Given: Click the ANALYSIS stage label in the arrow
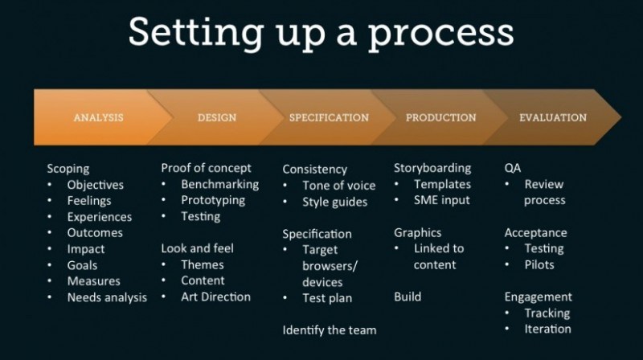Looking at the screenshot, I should (x=98, y=117).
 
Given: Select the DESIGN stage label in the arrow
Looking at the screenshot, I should (x=217, y=117).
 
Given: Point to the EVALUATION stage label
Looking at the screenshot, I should (x=553, y=117).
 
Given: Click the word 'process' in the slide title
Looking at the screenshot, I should (x=443, y=34).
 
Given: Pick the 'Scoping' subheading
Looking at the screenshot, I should (x=68, y=169).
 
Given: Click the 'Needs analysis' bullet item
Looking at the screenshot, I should (x=107, y=297).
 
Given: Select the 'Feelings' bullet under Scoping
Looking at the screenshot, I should (x=89, y=201).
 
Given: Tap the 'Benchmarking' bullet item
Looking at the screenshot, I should (x=219, y=184).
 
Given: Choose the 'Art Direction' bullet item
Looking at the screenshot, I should (x=215, y=297).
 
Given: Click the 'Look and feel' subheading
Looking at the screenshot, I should (x=197, y=248).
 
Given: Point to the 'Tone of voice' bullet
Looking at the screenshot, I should (x=338, y=186).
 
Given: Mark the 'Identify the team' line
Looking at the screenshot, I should (x=329, y=329).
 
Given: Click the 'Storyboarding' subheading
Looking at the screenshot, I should (x=432, y=168).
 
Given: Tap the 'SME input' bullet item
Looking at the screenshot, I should (x=441, y=200).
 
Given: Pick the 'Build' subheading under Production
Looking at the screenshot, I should (x=408, y=297).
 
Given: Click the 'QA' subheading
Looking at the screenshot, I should (x=513, y=168).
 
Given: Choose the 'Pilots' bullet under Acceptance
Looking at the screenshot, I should (x=539, y=264).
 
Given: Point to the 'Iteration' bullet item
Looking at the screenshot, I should (x=547, y=329).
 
